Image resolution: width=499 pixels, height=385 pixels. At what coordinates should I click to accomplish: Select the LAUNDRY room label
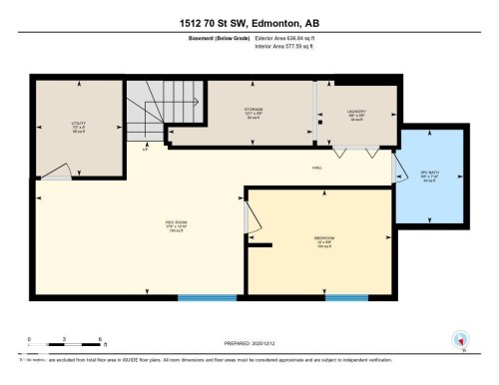(x=356, y=113)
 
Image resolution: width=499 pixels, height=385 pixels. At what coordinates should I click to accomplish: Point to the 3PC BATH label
(x=431, y=177)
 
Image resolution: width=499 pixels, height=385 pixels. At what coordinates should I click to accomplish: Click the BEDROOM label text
(x=323, y=238)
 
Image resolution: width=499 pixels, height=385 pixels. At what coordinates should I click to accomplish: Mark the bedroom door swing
(x=251, y=216)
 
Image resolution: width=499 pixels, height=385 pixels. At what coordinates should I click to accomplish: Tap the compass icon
(x=460, y=339)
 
